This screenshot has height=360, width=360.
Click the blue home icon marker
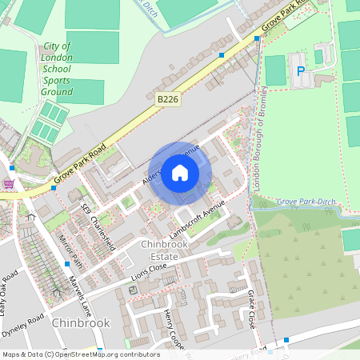click(x=180, y=172)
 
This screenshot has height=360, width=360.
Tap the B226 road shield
click(x=166, y=99)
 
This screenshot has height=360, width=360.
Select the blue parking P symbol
click(x=302, y=71)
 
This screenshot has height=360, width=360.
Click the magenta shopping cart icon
click(x=9, y=184)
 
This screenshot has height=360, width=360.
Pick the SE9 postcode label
click(x=86, y=210)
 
